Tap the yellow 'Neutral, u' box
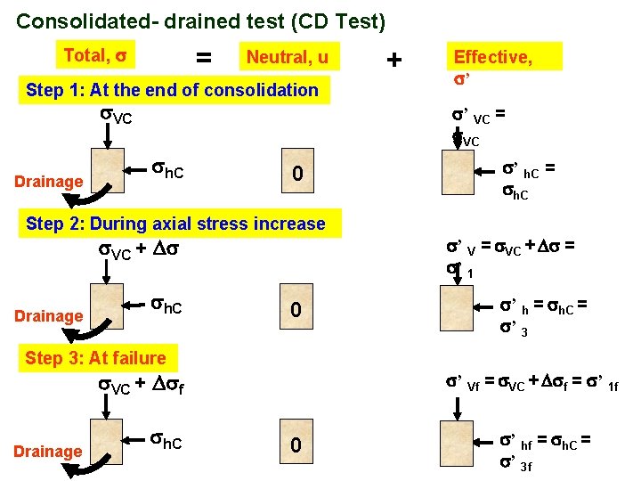[288, 58]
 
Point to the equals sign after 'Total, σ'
[204, 58]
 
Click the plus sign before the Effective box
[394, 60]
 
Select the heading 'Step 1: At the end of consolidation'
[172, 90]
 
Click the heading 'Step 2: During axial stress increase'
[175, 224]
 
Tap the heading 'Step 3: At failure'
[95, 358]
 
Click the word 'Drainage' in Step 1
[48, 183]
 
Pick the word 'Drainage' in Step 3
[48, 452]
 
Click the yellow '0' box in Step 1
[299, 178]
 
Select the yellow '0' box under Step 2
[299, 312]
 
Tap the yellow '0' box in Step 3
[299, 445]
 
